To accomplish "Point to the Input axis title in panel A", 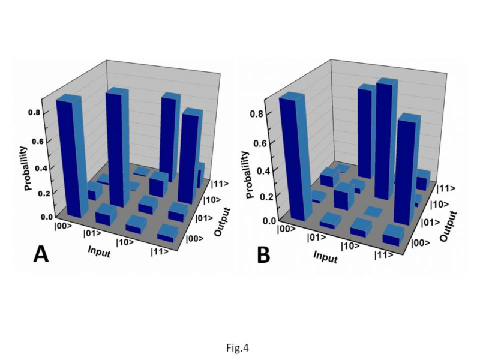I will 100,248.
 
